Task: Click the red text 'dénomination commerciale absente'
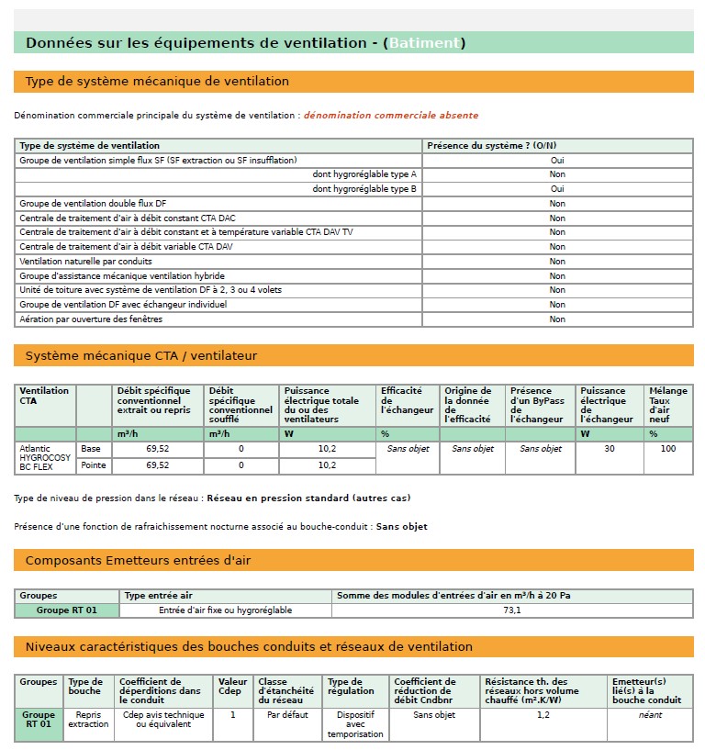(x=390, y=116)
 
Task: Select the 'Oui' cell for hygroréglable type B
(x=557, y=189)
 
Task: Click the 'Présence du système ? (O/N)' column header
(x=492, y=146)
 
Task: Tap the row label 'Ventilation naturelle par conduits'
(x=86, y=262)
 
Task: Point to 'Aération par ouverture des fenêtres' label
(x=90, y=319)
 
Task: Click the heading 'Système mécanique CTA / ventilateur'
(x=141, y=355)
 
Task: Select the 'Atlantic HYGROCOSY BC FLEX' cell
(x=45, y=457)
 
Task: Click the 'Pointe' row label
(x=93, y=465)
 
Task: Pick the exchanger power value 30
(x=609, y=449)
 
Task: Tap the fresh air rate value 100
(x=667, y=449)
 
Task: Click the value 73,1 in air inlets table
(x=512, y=610)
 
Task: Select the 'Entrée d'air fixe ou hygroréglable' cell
(x=226, y=610)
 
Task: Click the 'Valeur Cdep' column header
(x=233, y=687)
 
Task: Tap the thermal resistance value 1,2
(x=543, y=715)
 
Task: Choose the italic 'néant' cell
(x=650, y=715)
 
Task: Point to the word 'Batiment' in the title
(x=423, y=43)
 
